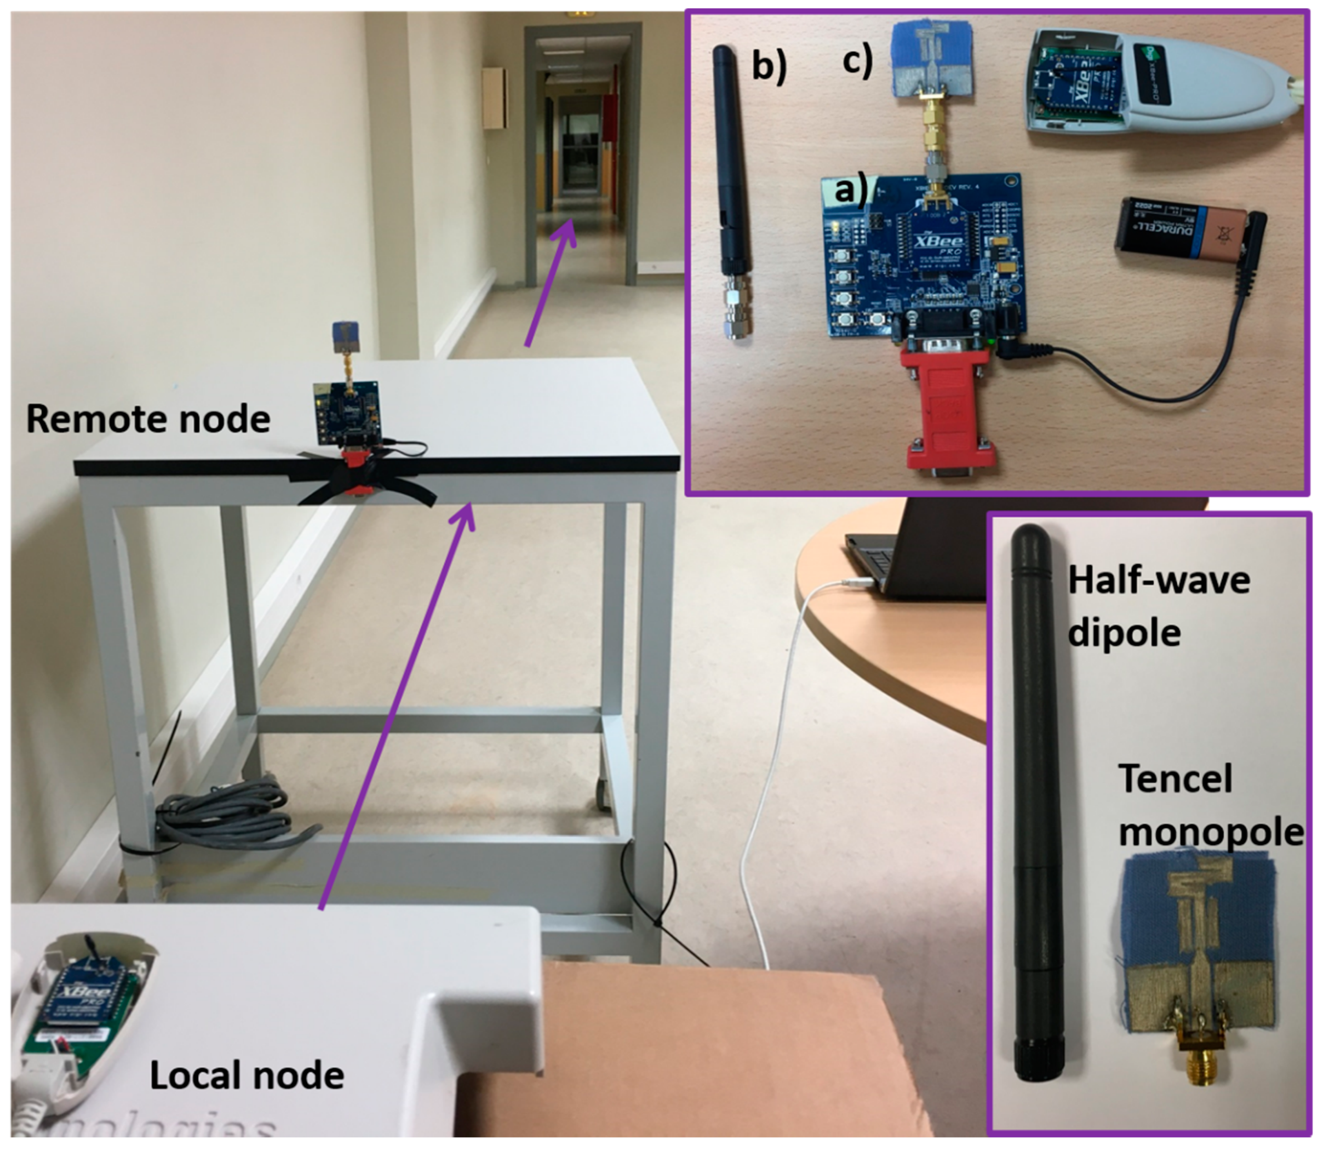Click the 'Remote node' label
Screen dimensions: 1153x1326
(x=148, y=420)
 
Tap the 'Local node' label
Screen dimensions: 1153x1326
(x=247, y=1076)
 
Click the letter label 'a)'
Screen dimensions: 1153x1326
(x=850, y=191)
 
